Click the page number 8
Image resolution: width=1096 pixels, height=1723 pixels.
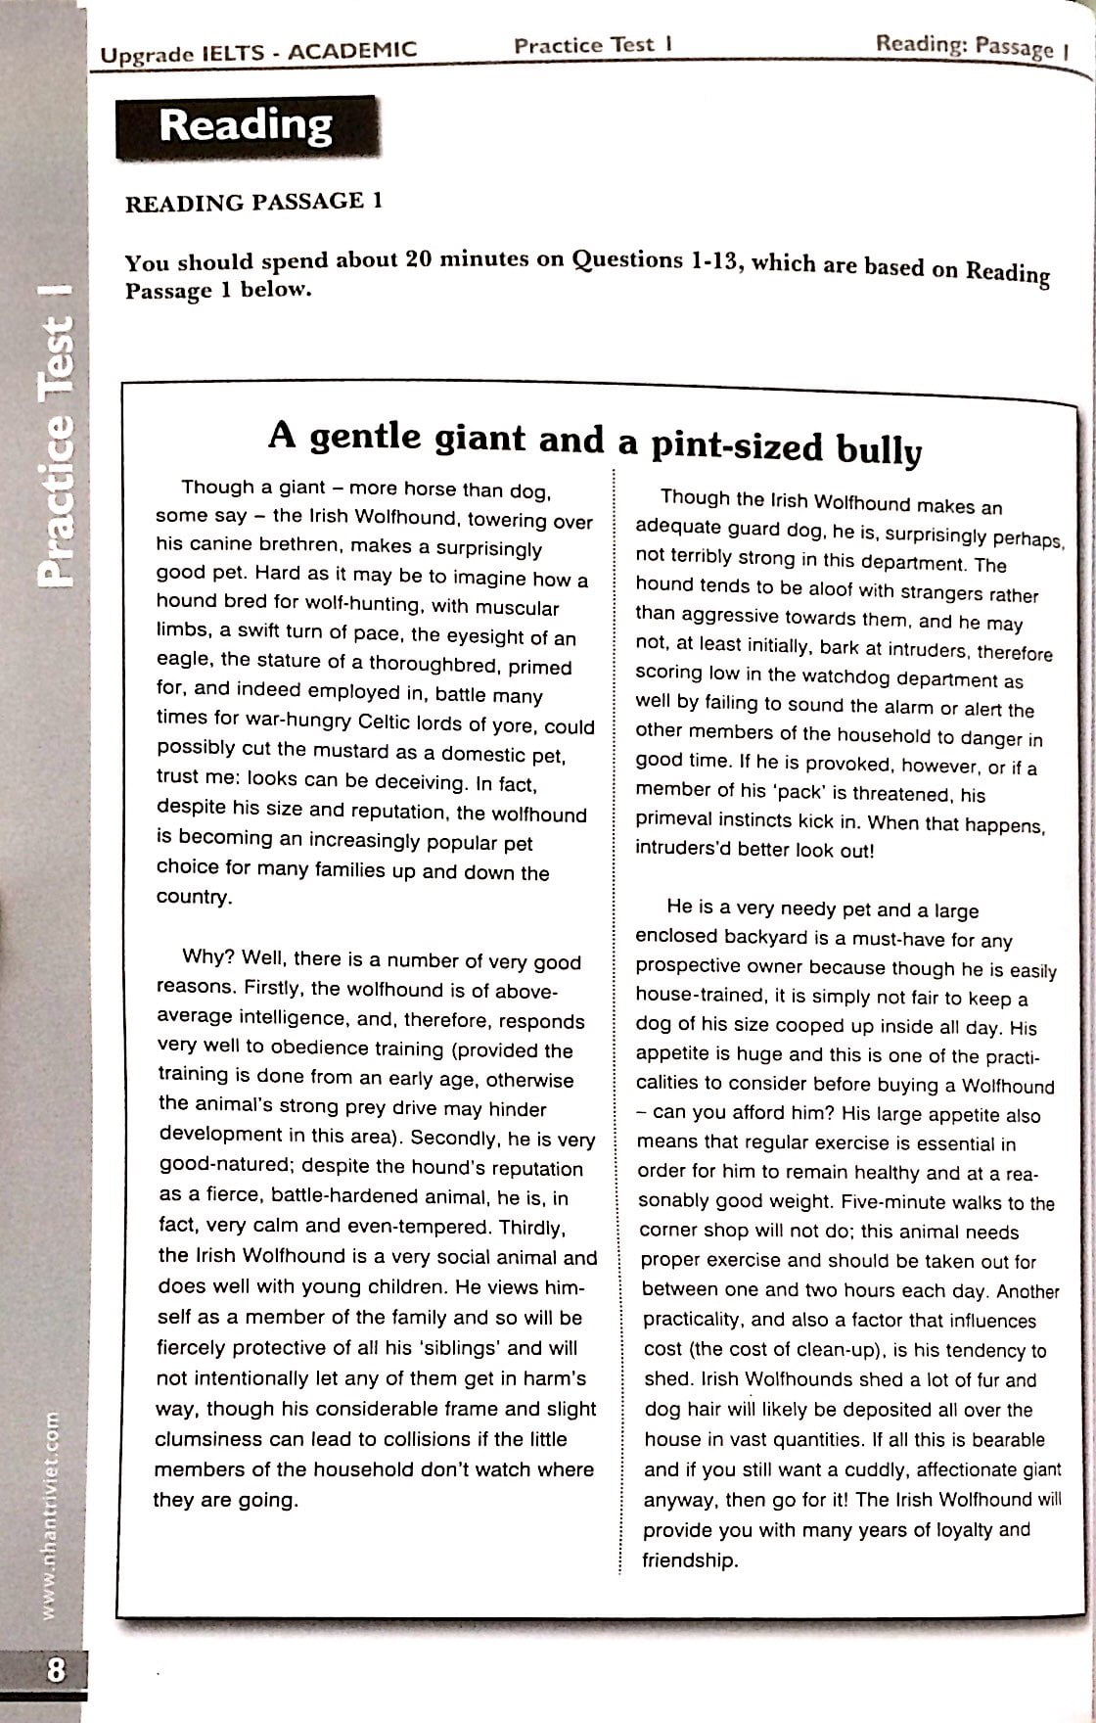click(56, 1668)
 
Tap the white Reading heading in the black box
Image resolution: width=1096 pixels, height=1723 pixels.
click(246, 126)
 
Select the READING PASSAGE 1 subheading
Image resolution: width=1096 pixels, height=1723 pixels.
click(253, 202)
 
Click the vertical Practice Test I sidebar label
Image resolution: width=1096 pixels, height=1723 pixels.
click(56, 436)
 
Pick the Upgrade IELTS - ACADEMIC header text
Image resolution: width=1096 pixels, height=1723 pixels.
click(258, 50)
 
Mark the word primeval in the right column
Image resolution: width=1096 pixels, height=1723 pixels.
click(670, 820)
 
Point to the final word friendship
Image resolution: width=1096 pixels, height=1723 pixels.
click(688, 1560)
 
